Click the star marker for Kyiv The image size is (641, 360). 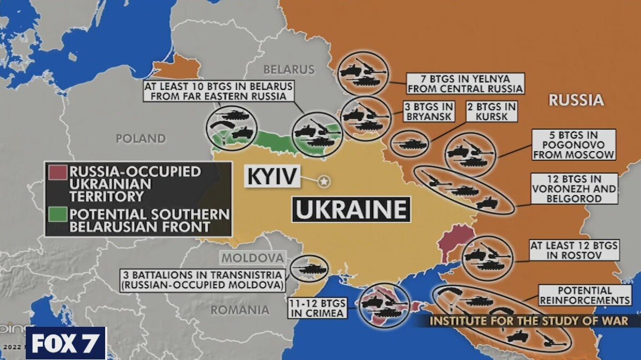pos(323,182)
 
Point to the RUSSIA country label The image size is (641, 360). pos(576,100)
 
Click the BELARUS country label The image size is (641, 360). pos(289,70)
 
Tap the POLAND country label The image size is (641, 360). pos(141,139)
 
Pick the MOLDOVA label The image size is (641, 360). pos(253,258)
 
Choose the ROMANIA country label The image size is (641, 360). pos(240,310)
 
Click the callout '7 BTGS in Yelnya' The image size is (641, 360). pos(465,82)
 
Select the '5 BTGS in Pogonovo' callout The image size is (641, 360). pos(573,145)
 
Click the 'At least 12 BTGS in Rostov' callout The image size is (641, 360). pos(574,250)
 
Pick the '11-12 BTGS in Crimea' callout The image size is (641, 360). pos(318,307)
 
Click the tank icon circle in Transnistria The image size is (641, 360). pos(310,268)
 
